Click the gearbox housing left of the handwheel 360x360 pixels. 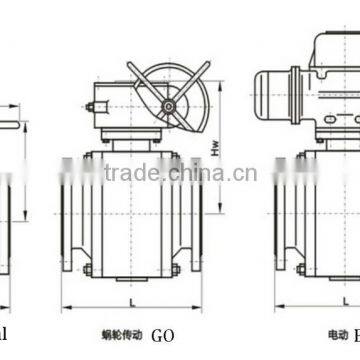[x=107, y=112]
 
